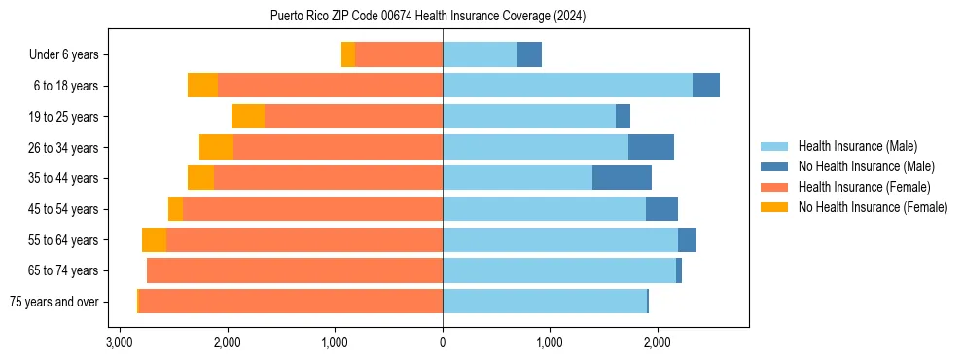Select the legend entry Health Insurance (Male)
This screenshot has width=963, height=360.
(856, 146)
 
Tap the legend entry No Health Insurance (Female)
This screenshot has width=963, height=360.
(873, 207)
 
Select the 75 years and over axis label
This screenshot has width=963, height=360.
(53, 302)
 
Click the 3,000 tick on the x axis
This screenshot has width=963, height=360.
(120, 342)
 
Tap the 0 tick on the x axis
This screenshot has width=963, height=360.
(443, 342)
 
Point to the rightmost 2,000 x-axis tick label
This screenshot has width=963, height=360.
(658, 342)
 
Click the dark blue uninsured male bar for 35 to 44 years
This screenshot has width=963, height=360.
(622, 178)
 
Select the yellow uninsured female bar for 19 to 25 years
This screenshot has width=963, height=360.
(248, 117)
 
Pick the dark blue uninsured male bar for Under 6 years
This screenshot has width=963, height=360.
(529, 55)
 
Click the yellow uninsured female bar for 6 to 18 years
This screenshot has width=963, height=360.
(202, 86)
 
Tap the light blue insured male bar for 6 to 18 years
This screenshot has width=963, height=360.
(567, 86)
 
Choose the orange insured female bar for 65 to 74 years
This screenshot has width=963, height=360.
(295, 270)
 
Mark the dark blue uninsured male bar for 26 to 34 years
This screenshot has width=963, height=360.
(651, 148)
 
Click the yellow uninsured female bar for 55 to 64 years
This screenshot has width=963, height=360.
(154, 240)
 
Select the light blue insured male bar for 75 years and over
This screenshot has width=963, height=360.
(545, 302)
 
